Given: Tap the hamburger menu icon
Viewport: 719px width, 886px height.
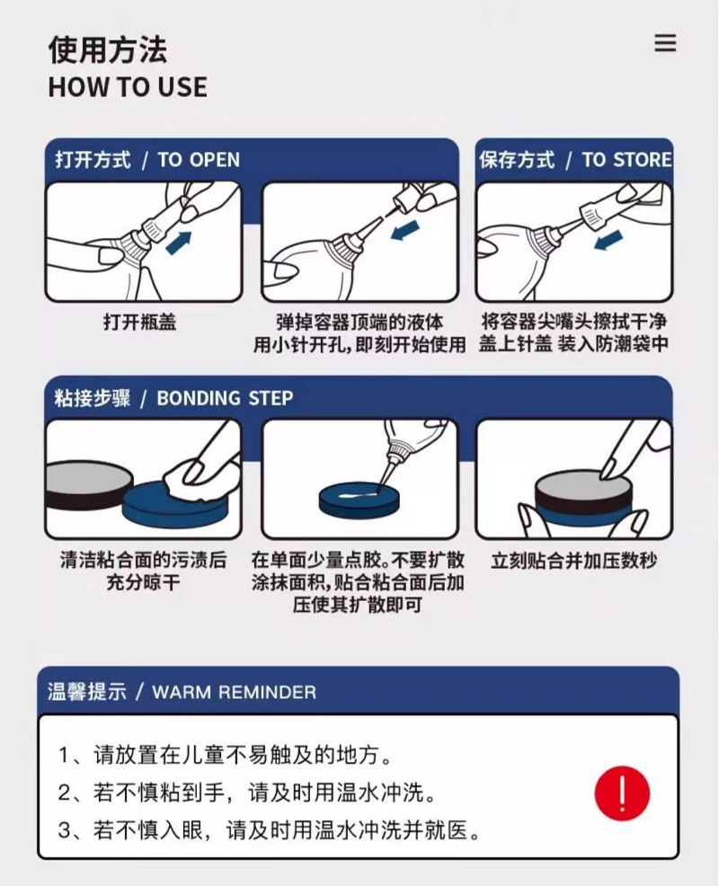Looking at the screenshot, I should pyautogui.click(x=665, y=43).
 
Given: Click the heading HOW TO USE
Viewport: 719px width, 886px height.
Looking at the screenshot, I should pyautogui.click(x=128, y=87).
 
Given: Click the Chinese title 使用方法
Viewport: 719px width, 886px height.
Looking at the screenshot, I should pyautogui.click(x=107, y=49).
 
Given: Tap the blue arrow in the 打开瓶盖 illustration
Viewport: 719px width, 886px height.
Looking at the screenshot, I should pyautogui.click(x=180, y=241).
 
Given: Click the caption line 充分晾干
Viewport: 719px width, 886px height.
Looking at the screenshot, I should pyautogui.click(x=142, y=583).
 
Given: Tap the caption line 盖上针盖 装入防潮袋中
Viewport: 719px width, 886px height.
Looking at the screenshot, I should pyautogui.click(x=573, y=344).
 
